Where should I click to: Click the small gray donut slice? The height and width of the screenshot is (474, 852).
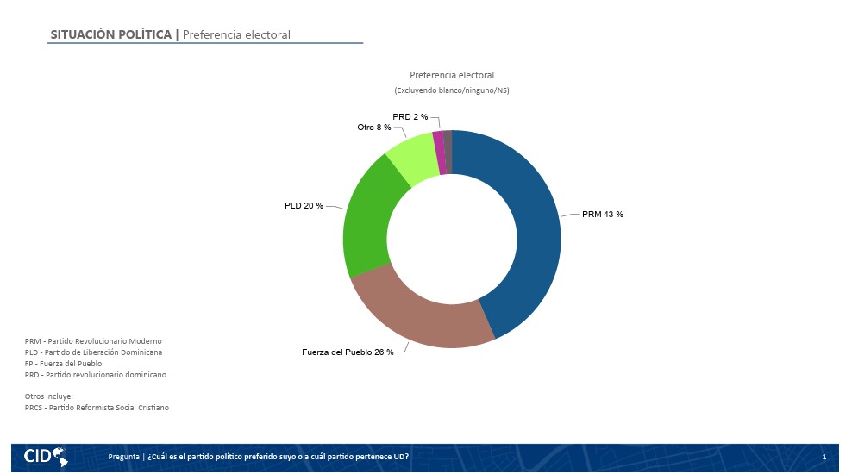point(448,152)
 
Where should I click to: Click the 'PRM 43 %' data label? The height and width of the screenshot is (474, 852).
point(603,215)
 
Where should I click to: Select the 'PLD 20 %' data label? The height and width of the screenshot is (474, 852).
point(304,206)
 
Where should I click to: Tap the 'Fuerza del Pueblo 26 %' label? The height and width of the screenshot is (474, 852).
point(348,352)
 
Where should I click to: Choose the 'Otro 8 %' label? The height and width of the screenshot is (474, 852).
point(374,127)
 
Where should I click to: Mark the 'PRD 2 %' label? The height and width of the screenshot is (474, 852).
point(410,116)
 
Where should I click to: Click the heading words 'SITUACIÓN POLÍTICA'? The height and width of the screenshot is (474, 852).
point(111,34)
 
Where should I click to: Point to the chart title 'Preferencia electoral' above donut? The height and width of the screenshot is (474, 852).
point(452,75)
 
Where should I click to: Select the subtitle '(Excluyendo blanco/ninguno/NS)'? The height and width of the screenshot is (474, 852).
point(452,90)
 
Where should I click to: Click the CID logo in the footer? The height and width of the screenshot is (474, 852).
point(46,457)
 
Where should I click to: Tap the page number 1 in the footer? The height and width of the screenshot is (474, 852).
point(824,457)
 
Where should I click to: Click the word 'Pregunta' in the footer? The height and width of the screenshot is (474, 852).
point(124,457)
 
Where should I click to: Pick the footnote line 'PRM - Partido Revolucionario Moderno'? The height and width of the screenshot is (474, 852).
point(93,341)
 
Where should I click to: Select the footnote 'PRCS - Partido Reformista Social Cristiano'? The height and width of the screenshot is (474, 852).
point(97,408)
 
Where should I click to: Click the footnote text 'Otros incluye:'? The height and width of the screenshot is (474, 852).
point(49,396)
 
